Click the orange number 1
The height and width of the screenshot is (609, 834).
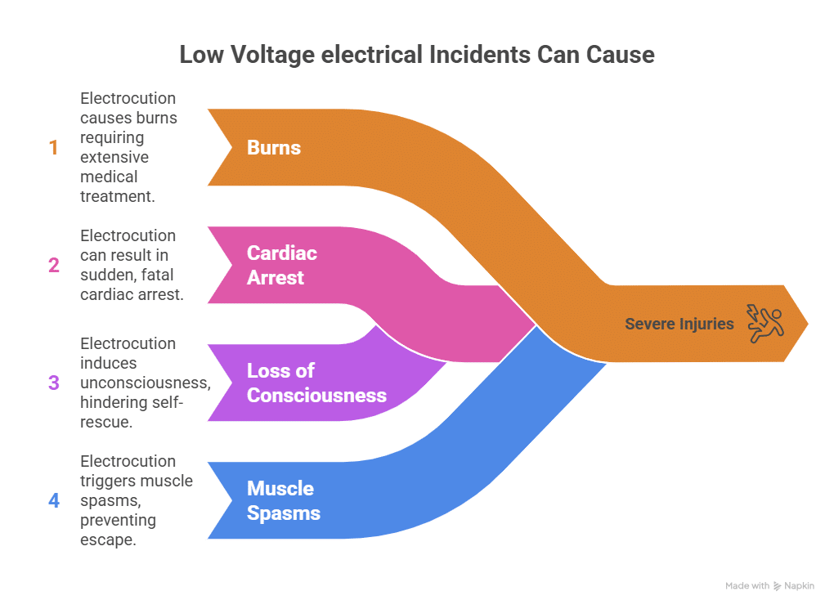pyautogui.click(x=54, y=148)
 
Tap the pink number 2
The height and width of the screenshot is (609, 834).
pyautogui.click(x=54, y=265)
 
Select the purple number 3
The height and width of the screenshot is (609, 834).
pyautogui.click(x=54, y=383)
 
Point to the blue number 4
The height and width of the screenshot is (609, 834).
pyautogui.click(x=54, y=500)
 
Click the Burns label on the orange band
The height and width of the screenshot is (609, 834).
pyautogui.click(x=274, y=148)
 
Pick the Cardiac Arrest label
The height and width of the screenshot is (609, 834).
pyautogui.click(x=281, y=265)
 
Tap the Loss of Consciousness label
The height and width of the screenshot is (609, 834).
pyautogui.click(x=316, y=383)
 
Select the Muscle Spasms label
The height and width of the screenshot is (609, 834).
pyautogui.click(x=284, y=500)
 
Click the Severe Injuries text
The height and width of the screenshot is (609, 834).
pyautogui.click(x=679, y=324)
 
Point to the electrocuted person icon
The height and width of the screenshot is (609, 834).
pyautogui.click(x=764, y=322)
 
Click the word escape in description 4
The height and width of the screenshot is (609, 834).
pyautogui.click(x=107, y=540)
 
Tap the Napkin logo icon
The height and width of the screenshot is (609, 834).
pyautogui.click(x=778, y=586)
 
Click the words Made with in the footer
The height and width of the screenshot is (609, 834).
pyautogui.click(x=747, y=586)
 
